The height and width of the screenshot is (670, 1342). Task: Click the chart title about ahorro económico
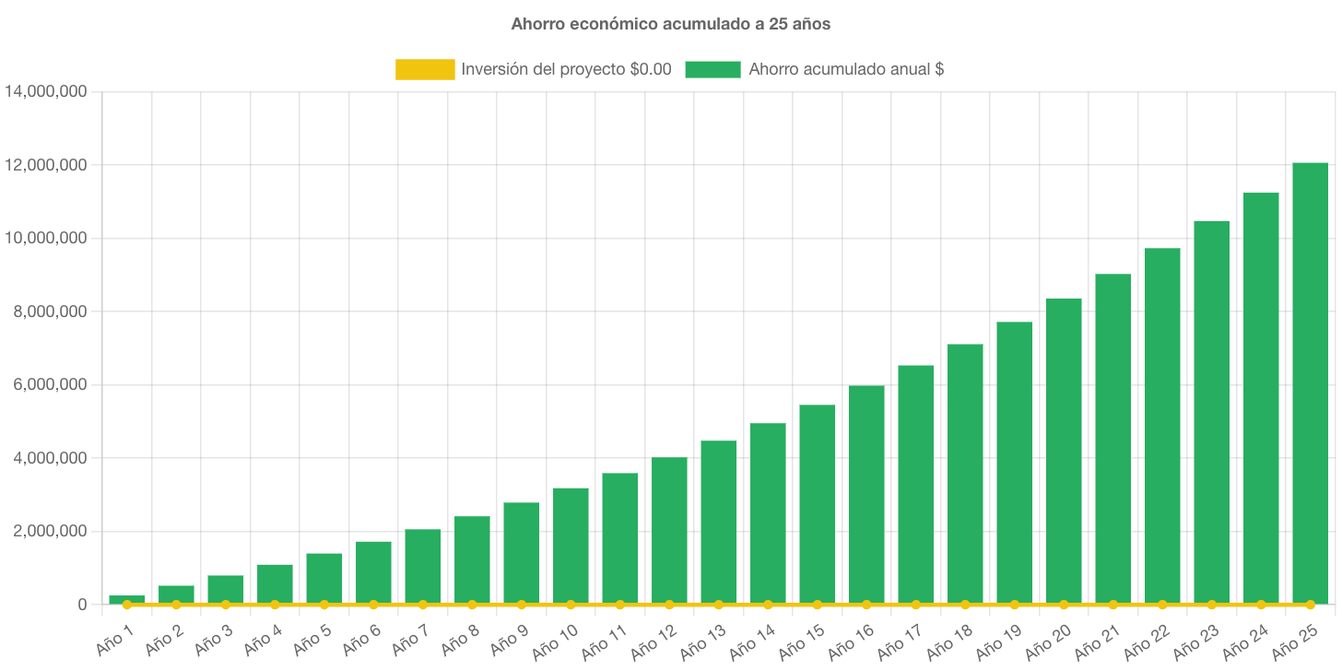(x=670, y=25)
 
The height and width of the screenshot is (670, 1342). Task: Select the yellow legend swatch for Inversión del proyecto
(x=425, y=69)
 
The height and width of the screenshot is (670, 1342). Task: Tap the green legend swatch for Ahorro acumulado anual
(x=712, y=69)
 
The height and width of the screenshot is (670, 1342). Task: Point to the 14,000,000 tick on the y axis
(x=45, y=92)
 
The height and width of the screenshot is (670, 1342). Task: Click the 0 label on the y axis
(x=82, y=605)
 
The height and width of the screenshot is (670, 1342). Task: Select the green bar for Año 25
(x=1310, y=382)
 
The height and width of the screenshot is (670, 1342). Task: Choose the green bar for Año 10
(x=571, y=545)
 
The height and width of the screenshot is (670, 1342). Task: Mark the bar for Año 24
(x=1261, y=397)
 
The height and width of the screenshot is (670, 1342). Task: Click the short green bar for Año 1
(x=127, y=599)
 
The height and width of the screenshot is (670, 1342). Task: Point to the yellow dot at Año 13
(x=719, y=605)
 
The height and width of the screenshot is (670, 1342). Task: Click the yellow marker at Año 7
(x=423, y=605)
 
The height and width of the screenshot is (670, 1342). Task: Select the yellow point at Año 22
(x=1162, y=605)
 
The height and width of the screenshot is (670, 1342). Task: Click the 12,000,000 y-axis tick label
(x=45, y=165)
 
